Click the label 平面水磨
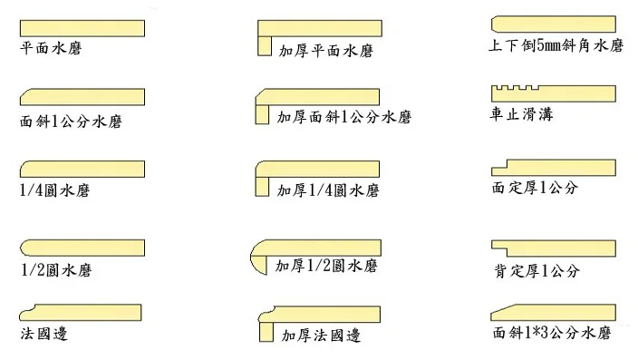click(x=50, y=47)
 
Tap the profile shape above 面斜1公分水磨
click(x=82, y=97)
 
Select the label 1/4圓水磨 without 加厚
click(x=54, y=190)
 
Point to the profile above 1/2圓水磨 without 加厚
click(x=82, y=248)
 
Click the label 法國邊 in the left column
click(x=43, y=333)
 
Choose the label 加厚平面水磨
click(x=326, y=51)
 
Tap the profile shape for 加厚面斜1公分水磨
click(x=317, y=97)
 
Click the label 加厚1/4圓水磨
click(x=327, y=191)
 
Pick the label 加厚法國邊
click(x=321, y=336)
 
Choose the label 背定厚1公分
click(x=536, y=271)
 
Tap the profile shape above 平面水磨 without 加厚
click(x=82, y=26)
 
